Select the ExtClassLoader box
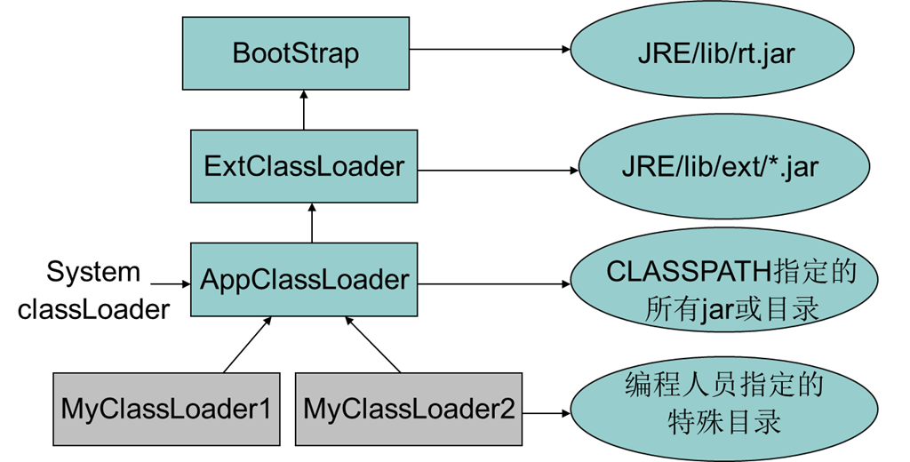coord(304,166)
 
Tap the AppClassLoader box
coord(304,280)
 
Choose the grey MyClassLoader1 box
coord(165,409)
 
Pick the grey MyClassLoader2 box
coord(409,409)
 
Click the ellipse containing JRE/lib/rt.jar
coord(716,53)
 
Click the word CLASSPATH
coord(677,272)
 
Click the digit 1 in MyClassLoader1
coord(263,409)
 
